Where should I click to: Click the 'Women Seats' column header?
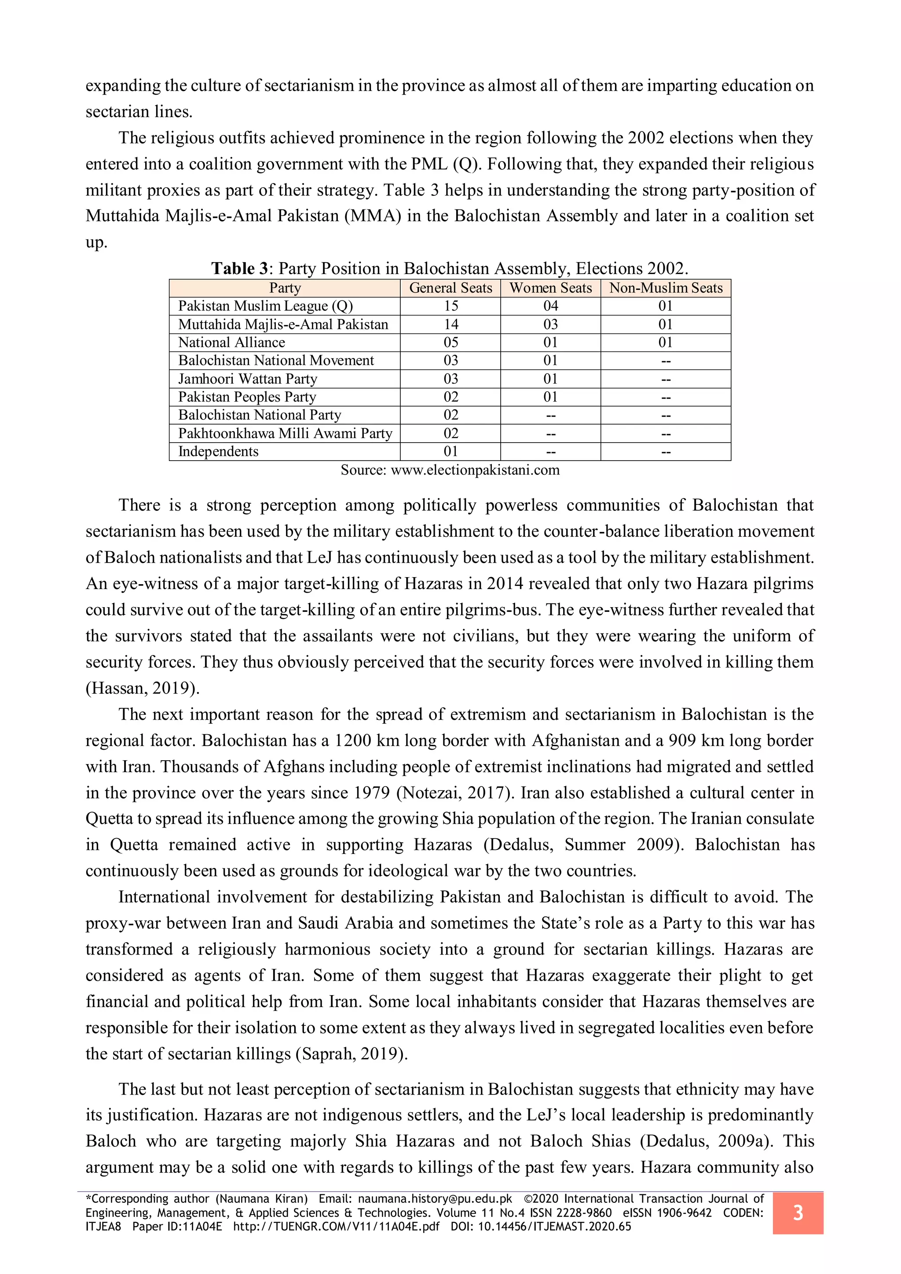click(x=550, y=288)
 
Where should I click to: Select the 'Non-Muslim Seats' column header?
click(x=665, y=288)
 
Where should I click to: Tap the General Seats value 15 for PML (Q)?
click(x=450, y=306)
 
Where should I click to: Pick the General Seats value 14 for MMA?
click(x=450, y=325)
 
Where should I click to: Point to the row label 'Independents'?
click(x=218, y=452)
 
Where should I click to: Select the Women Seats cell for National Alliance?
click(x=550, y=342)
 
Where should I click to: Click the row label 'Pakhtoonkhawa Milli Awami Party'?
click(x=285, y=433)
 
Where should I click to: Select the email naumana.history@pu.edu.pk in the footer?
click(x=435, y=1199)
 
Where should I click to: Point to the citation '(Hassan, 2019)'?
click(x=142, y=688)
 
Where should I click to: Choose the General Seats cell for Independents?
click(x=450, y=452)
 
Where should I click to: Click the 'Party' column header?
click(x=285, y=288)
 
